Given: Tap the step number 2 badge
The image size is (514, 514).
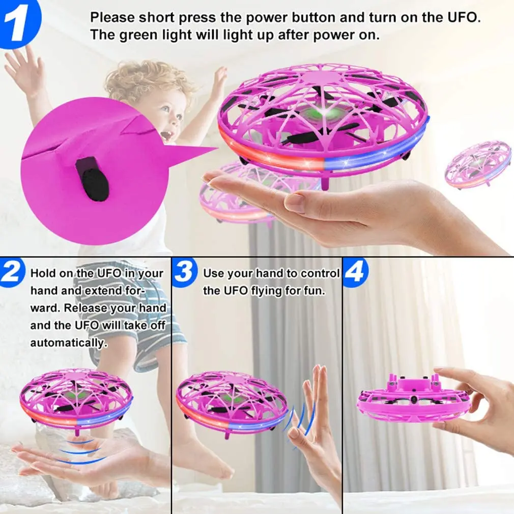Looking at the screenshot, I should pos(11,274).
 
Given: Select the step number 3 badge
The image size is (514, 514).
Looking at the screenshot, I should pos(184,273).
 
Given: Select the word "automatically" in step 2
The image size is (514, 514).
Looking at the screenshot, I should pos(67,342).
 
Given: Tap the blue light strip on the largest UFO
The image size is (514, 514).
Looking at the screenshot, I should pos(377,150).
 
